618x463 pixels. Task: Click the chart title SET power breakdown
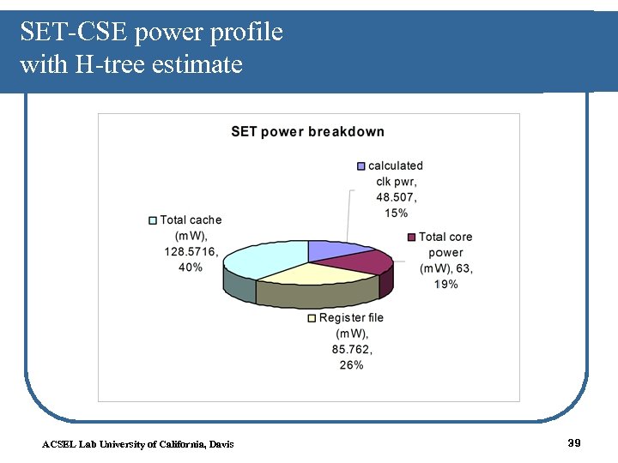(x=307, y=131)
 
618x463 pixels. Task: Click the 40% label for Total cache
(x=191, y=268)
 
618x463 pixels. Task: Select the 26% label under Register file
(x=351, y=364)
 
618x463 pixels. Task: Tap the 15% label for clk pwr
(x=397, y=213)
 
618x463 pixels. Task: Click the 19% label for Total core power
(x=445, y=284)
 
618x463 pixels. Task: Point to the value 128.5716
(x=190, y=252)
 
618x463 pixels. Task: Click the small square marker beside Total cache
(x=153, y=220)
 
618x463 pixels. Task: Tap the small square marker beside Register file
(x=312, y=318)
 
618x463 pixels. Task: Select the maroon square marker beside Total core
(x=412, y=238)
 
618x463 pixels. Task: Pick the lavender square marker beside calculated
(x=361, y=166)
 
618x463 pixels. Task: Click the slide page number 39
(x=574, y=442)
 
